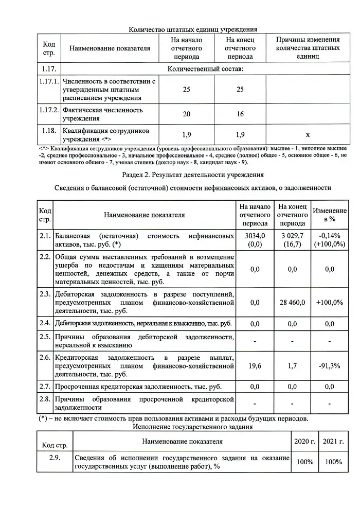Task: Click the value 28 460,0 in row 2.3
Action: [292, 303]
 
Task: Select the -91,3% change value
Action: [329, 366]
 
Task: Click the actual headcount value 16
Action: [240, 114]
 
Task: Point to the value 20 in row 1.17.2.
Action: [187, 114]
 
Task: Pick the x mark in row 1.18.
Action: [308, 135]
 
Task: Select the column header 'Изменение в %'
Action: [329, 215]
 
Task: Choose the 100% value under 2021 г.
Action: [333, 462]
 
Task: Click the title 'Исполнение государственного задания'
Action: [193, 427]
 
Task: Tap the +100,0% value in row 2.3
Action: [329, 303]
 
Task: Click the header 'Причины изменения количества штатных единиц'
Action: [308, 48]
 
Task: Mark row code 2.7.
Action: [45, 387]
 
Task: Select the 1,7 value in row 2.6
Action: [292, 366]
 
